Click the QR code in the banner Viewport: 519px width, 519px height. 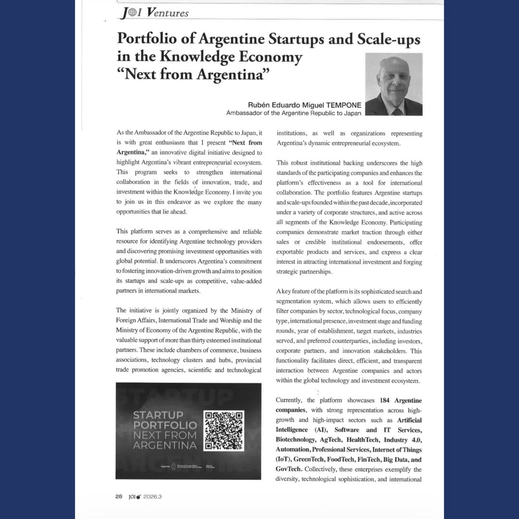pos(224,430)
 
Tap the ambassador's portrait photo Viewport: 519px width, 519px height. pos(394,85)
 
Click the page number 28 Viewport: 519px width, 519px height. pos(119,496)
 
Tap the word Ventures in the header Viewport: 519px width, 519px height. pos(168,13)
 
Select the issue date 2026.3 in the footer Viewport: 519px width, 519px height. pos(152,496)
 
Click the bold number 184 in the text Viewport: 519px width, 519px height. pos(384,400)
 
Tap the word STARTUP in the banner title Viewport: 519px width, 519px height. pos(158,415)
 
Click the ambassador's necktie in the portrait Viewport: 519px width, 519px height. pos(396,111)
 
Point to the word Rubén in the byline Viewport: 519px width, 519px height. pos(258,105)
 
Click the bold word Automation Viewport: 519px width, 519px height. pos(292,449)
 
